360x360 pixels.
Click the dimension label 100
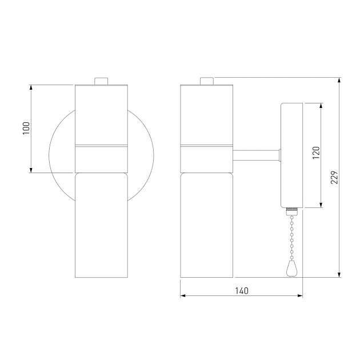pos(26,128)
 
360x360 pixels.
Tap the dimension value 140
pos(241,290)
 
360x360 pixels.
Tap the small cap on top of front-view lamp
pos(101,81)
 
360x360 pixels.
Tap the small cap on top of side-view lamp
pos(206,81)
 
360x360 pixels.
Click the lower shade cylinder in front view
pos(101,225)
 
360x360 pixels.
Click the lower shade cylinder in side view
pos(206,225)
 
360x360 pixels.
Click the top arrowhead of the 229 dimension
pos(340,80)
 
